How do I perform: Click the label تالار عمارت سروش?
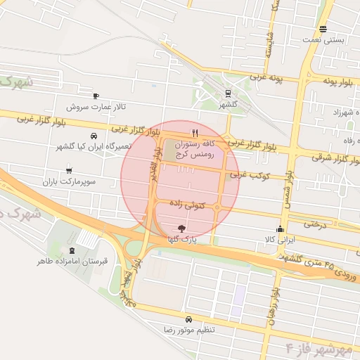(x=96, y=108)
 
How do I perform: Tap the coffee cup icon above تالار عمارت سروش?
(x=96, y=96)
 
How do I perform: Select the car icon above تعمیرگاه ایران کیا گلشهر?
(x=94, y=136)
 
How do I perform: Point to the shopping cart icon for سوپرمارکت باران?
(x=69, y=170)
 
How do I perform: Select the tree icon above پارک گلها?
(x=182, y=228)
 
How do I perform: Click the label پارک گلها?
(x=181, y=239)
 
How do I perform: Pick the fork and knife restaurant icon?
(x=195, y=131)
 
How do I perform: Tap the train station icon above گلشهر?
(x=228, y=93)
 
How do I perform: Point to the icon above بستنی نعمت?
(x=323, y=29)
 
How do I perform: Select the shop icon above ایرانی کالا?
(x=281, y=229)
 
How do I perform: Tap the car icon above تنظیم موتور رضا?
(x=188, y=319)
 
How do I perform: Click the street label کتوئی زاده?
(x=188, y=204)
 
